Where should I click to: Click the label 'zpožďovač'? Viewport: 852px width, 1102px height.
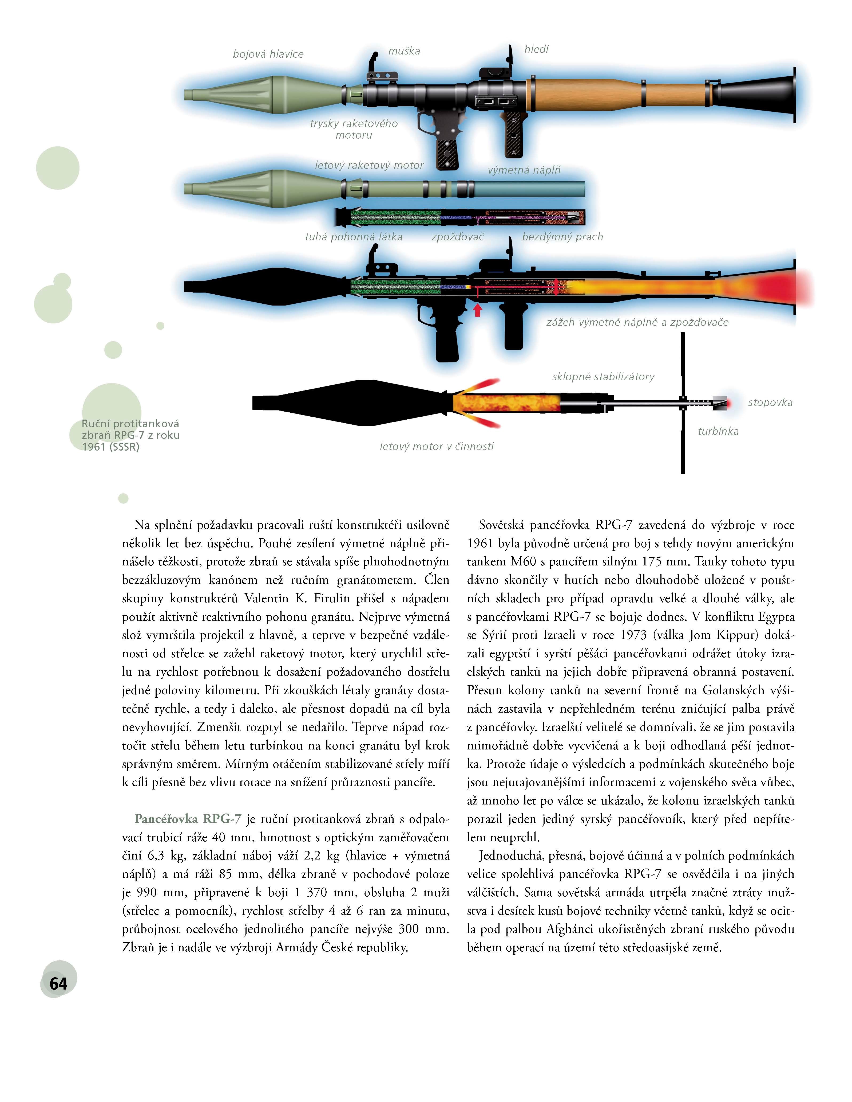pos(457,237)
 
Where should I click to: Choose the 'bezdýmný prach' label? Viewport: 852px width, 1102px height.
pos(562,237)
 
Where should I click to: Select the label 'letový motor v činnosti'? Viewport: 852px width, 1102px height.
pos(437,446)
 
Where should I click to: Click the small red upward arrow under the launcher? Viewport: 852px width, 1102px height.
pos(477,310)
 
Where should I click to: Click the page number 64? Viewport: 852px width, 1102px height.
pos(58,983)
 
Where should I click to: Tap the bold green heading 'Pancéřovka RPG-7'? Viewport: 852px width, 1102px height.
pos(188,818)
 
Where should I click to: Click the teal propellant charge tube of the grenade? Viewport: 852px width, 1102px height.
pos(529,189)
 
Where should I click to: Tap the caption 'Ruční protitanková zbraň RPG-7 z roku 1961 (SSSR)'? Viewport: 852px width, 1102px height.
pos(130,435)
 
